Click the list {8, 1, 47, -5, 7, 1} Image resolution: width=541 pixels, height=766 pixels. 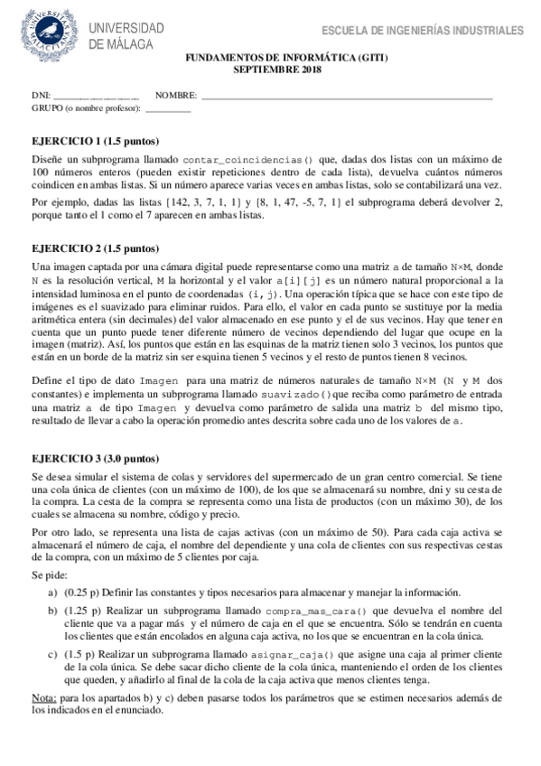pyautogui.click(x=296, y=202)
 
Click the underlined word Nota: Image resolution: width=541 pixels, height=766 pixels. pyautogui.click(x=43, y=698)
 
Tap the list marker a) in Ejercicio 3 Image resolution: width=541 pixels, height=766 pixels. pyautogui.click(x=53, y=592)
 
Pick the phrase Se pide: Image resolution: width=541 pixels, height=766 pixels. pyautogui.click(x=48, y=573)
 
